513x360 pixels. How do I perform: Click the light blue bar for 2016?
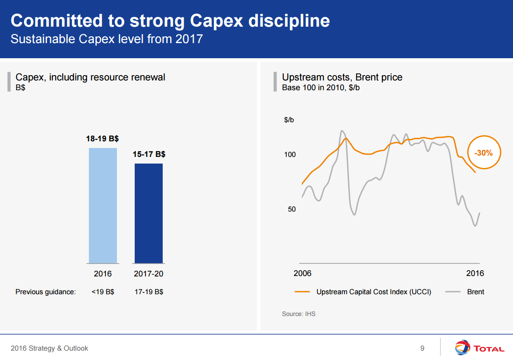click(x=103, y=205)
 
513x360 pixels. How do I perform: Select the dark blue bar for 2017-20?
click(x=148, y=213)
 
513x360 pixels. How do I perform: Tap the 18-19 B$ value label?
click(x=102, y=139)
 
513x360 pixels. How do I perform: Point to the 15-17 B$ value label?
click(x=149, y=155)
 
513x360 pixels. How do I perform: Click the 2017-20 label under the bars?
click(x=148, y=274)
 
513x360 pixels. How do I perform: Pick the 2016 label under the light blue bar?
click(x=103, y=274)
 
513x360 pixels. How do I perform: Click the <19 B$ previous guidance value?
click(x=103, y=292)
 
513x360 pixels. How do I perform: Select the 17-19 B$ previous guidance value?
click(x=148, y=292)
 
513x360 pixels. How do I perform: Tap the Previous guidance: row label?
click(x=46, y=292)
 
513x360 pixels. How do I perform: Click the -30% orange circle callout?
click(x=483, y=153)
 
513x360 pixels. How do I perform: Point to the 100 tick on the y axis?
click(x=290, y=155)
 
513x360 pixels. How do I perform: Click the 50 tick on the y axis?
click(x=291, y=209)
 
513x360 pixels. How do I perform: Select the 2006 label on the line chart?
click(x=302, y=273)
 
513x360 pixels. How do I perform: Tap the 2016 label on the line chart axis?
click(x=475, y=273)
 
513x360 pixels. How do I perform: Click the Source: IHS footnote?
click(x=299, y=314)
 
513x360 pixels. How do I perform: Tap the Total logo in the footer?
click(x=479, y=348)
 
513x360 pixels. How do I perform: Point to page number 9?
click(x=422, y=348)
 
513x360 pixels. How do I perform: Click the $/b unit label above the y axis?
click(x=289, y=120)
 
